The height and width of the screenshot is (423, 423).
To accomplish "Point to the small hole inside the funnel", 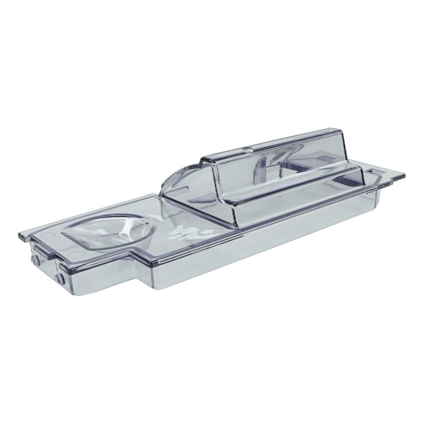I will click(126, 232).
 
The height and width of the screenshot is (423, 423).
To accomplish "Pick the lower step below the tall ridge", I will click(296, 186).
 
